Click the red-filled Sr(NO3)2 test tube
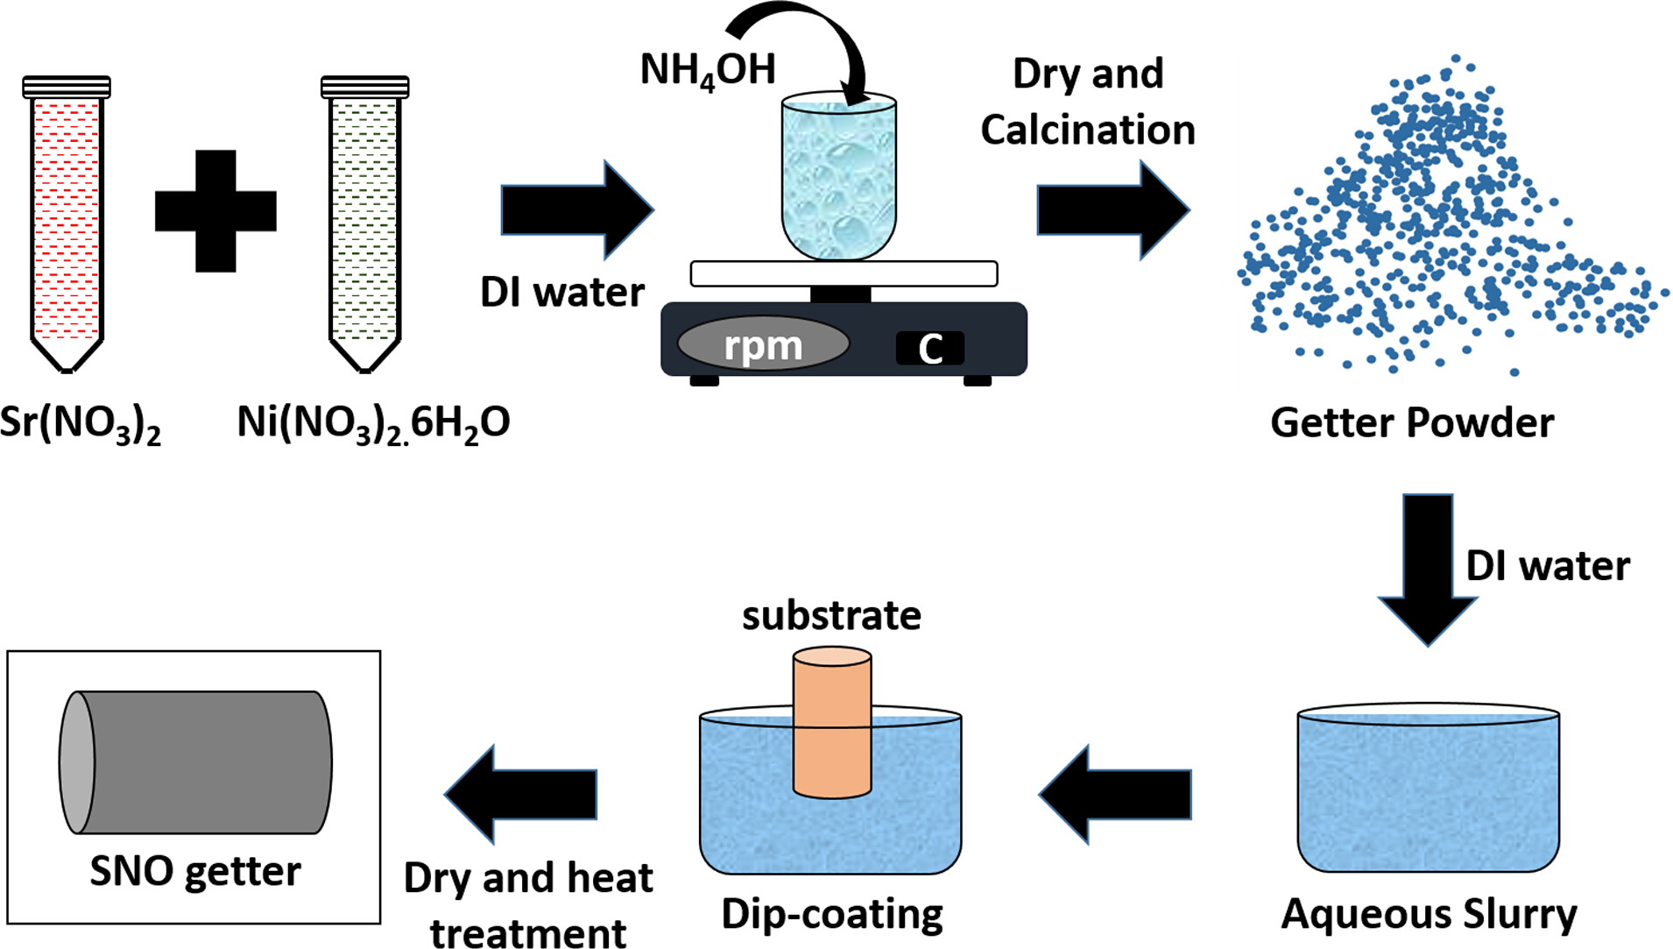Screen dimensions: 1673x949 [x=67, y=223]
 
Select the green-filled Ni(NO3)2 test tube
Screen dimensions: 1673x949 [x=364, y=223]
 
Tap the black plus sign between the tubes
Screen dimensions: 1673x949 [x=215, y=211]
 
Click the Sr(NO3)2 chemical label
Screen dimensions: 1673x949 [x=81, y=424]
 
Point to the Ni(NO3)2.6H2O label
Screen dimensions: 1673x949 [x=373, y=424]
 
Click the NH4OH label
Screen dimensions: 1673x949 [x=708, y=70]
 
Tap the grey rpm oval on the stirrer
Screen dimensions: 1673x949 [x=763, y=344]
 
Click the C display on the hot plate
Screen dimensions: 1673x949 [x=930, y=348]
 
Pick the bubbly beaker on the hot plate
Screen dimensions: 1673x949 [x=839, y=177]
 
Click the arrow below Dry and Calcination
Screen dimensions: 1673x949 [x=1113, y=210]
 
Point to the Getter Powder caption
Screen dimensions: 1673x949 [x=1412, y=422]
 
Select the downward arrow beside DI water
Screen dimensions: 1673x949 [x=1428, y=570]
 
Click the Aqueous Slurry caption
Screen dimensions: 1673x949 [x=1429, y=914]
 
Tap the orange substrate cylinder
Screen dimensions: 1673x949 [x=832, y=723]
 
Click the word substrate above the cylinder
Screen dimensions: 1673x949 [x=831, y=615]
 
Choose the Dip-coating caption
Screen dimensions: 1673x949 [x=832, y=914]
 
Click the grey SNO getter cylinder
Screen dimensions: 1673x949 [x=195, y=762]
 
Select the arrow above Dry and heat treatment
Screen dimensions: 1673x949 [x=521, y=794]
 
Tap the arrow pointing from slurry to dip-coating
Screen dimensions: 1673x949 [x=1115, y=794]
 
